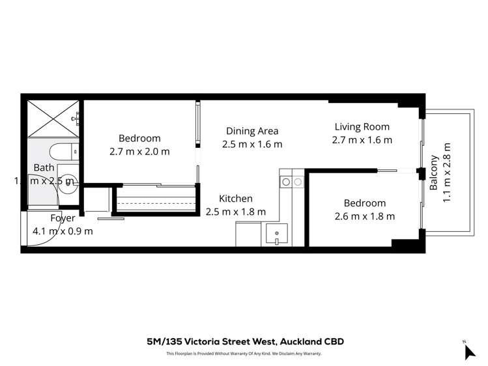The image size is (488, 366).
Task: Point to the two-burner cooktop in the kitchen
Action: click(291, 182)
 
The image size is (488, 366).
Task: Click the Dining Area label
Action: click(252, 130)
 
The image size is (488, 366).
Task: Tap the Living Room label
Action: click(362, 127)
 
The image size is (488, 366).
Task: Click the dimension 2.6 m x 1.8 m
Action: click(360, 216)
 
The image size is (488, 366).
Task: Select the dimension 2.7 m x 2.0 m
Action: click(139, 152)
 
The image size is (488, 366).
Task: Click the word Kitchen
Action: click(235, 199)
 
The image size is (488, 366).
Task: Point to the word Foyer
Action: click(63, 218)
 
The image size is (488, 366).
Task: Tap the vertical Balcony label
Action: click(434, 173)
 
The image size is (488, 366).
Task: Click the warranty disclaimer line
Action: click(244, 354)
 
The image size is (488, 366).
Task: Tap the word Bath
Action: click(44, 167)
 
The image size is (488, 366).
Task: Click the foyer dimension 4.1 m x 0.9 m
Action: click(63, 231)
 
